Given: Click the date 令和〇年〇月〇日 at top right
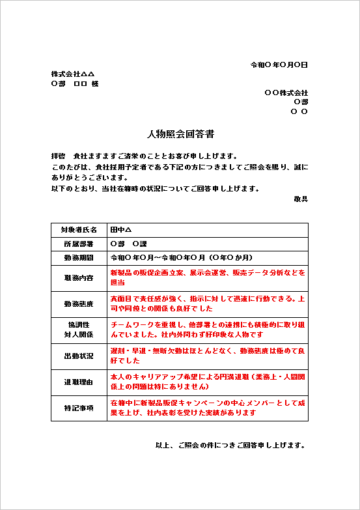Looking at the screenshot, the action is (279, 65).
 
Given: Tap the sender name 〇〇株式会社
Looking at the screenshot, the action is (286, 93).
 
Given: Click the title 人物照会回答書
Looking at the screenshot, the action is (180, 134).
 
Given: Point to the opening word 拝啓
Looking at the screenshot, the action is (59, 156).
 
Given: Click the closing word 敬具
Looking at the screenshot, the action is (300, 199).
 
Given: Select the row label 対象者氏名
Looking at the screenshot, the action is (79, 230).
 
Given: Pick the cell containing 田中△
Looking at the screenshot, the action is (121, 230).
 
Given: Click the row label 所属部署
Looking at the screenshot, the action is (79, 244).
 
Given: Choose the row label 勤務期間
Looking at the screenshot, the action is (79, 257).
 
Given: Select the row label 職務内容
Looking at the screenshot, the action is (79, 277).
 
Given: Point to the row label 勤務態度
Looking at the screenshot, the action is (79, 304).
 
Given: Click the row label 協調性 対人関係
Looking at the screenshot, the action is (79, 330).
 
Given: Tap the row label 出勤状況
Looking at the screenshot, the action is (79, 356).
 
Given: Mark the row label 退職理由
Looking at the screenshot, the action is (79, 382).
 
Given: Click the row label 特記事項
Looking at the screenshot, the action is (79, 408).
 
